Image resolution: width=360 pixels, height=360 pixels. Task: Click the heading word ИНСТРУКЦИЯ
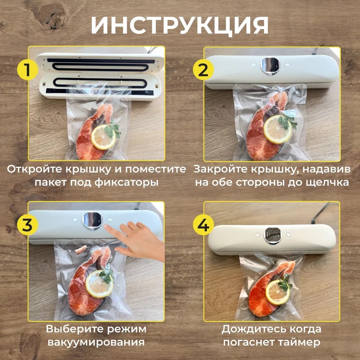click(180, 26)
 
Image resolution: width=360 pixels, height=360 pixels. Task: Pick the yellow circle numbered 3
click(27, 224)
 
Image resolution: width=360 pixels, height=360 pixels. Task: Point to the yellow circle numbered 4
click(203, 224)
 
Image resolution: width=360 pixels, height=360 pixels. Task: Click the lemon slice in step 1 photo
click(104, 137)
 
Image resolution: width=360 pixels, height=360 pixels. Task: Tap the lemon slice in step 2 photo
click(277, 130)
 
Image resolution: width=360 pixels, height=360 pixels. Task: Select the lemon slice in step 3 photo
click(99, 284)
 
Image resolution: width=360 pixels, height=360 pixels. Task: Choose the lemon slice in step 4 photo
click(277, 292)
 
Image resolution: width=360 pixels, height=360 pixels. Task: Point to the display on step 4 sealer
click(273, 235)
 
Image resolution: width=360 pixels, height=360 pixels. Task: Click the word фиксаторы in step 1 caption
click(126, 183)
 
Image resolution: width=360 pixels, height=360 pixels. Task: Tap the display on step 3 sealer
click(92, 221)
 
